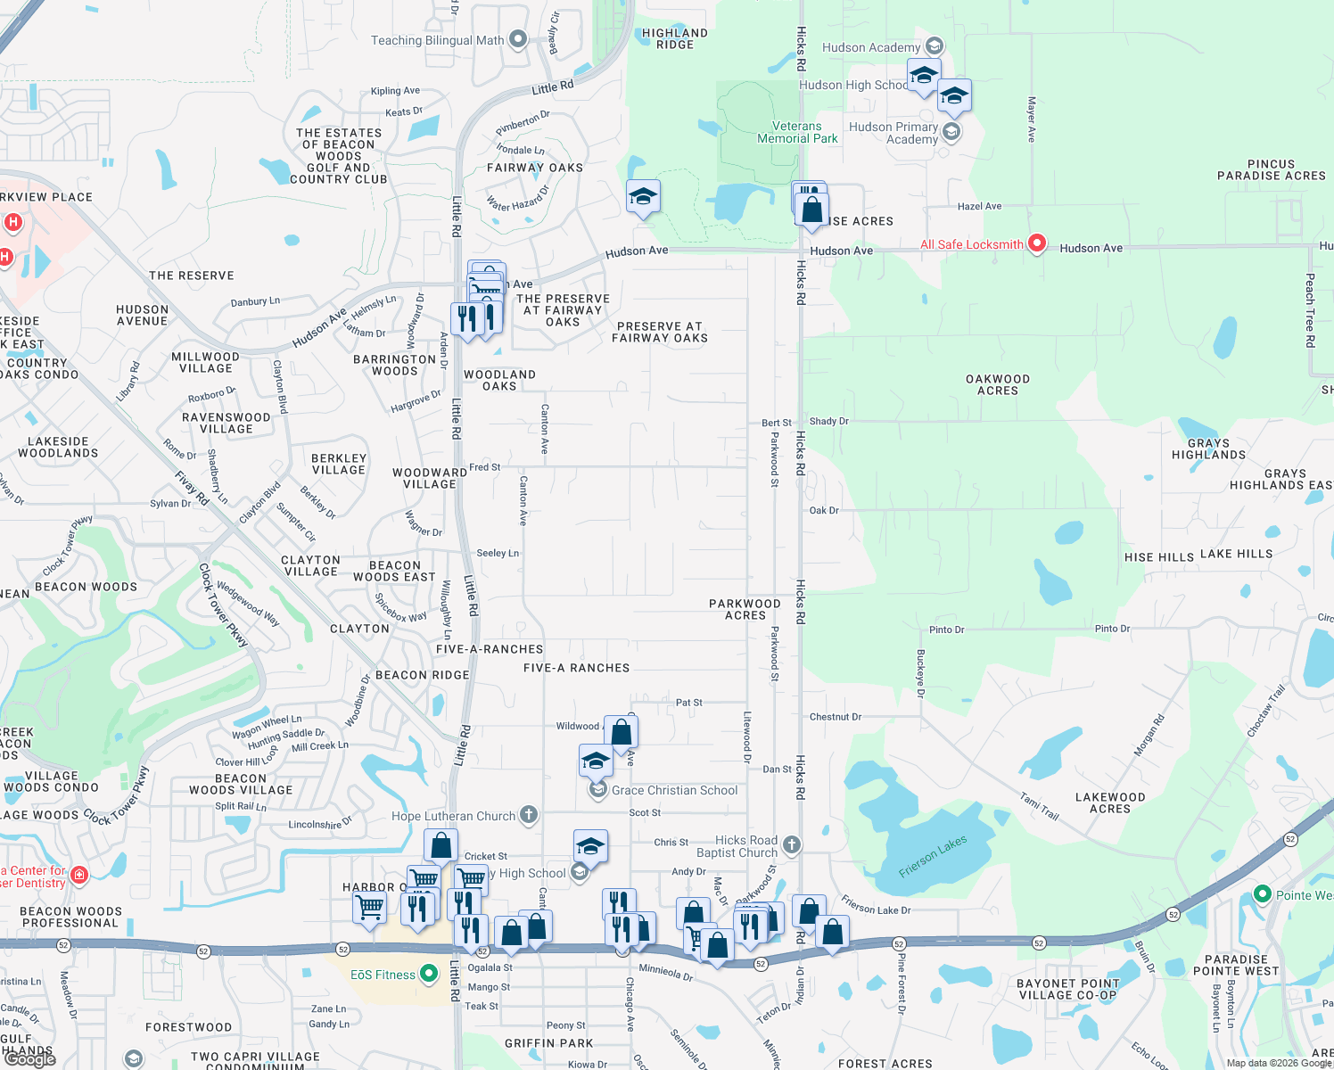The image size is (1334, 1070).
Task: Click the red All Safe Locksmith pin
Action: pos(1036,243)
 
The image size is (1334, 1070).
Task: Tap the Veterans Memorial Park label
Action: pos(797,133)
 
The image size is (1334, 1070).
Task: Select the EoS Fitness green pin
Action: pos(429,974)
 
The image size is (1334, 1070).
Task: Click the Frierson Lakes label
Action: pos(933,857)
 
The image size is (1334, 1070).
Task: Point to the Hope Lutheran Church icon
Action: pos(529,814)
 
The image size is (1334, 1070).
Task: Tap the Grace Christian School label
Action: pos(674,791)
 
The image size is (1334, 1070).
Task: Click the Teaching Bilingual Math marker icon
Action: pos(518,39)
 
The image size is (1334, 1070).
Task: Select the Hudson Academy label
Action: pos(870,47)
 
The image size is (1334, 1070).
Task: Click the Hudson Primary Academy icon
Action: pos(951,132)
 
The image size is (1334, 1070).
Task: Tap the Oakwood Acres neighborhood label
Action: pos(998,385)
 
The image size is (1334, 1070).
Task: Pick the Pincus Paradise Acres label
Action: pos(1271,170)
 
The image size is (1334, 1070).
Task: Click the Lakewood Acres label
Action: pos(1110,803)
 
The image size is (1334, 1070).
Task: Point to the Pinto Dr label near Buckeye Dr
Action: pos(946,630)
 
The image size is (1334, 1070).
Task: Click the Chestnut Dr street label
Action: pos(835,717)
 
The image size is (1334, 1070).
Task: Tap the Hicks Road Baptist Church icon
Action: pos(791,844)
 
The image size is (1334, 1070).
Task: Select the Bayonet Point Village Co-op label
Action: pos(1067,990)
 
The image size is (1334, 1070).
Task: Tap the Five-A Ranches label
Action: pos(576,668)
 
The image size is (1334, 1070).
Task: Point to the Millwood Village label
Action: pos(205,363)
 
